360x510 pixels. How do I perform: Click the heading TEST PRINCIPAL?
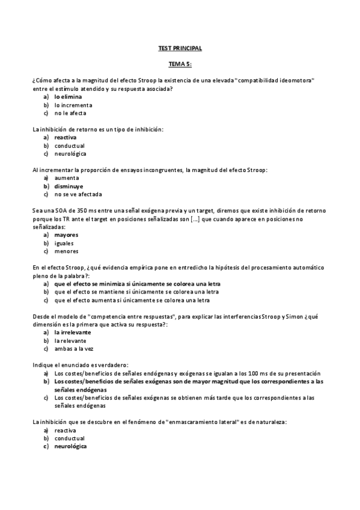[x=180, y=48]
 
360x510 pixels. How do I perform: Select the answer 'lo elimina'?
[x=68, y=96]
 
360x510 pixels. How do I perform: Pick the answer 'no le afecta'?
[x=70, y=113]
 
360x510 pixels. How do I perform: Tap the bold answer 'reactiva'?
[x=66, y=137]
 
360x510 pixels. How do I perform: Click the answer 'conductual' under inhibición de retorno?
[x=70, y=146]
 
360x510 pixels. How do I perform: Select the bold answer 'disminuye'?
[x=69, y=186]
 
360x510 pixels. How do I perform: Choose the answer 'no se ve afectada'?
[x=78, y=194]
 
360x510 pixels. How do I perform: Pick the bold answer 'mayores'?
[x=66, y=235]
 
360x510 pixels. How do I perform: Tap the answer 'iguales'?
[x=64, y=244]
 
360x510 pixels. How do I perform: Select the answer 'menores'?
[x=66, y=251]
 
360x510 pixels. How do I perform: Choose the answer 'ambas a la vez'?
[x=73, y=349]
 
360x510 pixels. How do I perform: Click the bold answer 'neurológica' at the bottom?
[x=70, y=446]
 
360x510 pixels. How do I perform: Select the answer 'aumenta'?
[x=67, y=178]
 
